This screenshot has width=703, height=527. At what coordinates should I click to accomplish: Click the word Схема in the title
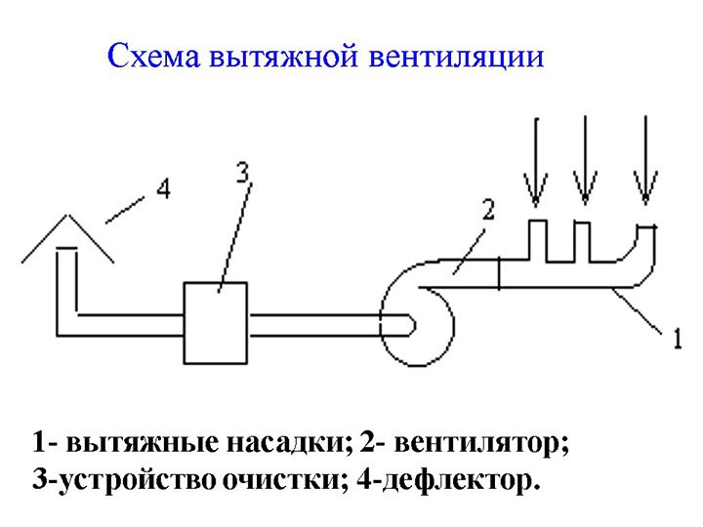tap(154, 56)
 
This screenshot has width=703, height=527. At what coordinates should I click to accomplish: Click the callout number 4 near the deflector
tap(164, 188)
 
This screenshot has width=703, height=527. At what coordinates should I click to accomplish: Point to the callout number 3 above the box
tap(242, 172)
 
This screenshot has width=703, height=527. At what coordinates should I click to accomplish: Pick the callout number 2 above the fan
tap(488, 209)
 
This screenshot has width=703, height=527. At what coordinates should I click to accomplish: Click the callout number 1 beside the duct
tap(678, 339)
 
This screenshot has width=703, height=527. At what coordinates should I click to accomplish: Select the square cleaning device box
tap(215, 323)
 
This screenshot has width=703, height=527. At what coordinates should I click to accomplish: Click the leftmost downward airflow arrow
tap(536, 161)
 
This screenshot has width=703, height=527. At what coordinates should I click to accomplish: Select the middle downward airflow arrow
tap(585, 160)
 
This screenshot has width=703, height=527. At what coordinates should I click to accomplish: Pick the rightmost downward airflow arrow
tap(645, 160)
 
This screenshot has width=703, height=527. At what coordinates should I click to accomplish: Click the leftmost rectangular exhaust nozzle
tap(538, 221)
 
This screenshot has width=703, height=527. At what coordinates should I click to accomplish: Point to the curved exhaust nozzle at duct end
tap(653, 256)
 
